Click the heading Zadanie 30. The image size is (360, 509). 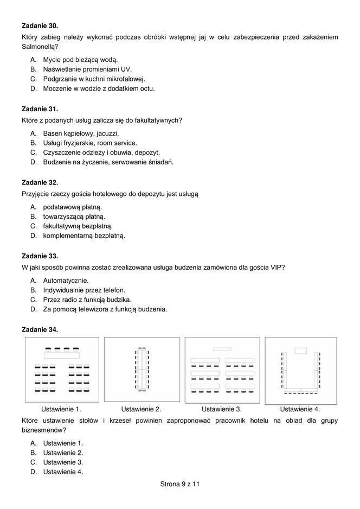click(40, 26)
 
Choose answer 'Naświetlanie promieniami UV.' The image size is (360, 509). click(80, 69)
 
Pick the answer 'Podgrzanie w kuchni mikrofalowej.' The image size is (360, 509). click(87, 79)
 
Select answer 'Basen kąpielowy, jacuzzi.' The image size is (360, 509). click(81, 133)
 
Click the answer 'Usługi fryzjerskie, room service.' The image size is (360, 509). click(90, 143)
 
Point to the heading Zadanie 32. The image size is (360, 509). click(40, 182)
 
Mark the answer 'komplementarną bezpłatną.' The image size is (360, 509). click(84, 236)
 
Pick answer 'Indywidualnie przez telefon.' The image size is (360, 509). click(84, 290)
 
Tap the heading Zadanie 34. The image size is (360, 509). click(40, 329)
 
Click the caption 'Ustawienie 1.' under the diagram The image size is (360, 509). click(61, 409)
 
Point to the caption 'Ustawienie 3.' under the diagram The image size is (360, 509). click(222, 409)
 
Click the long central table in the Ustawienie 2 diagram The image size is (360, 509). click(142, 369)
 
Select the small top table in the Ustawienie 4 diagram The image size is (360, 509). click(300, 350)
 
